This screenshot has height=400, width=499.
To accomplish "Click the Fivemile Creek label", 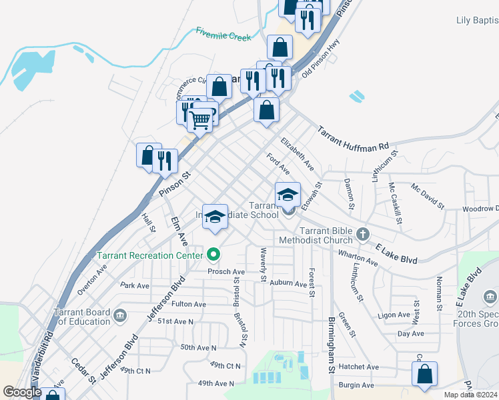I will click(223, 34).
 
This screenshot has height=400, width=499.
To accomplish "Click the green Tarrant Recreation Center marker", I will click(213, 254).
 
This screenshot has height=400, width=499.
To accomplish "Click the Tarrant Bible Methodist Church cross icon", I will click(362, 234).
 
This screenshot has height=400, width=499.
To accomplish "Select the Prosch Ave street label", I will click(226, 272).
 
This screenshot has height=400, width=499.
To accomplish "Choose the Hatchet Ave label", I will click(358, 367).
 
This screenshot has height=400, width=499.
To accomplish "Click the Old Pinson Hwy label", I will click(322, 59).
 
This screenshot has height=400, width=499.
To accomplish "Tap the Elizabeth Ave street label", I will click(297, 153).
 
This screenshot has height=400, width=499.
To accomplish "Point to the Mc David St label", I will click(428, 196).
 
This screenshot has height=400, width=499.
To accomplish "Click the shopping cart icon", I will click(200, 120).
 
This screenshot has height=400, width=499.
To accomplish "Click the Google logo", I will click(22, 392).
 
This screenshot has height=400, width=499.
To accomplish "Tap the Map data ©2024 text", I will click(471, 395).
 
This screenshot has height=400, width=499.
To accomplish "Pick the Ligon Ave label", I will click(393, 315).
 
